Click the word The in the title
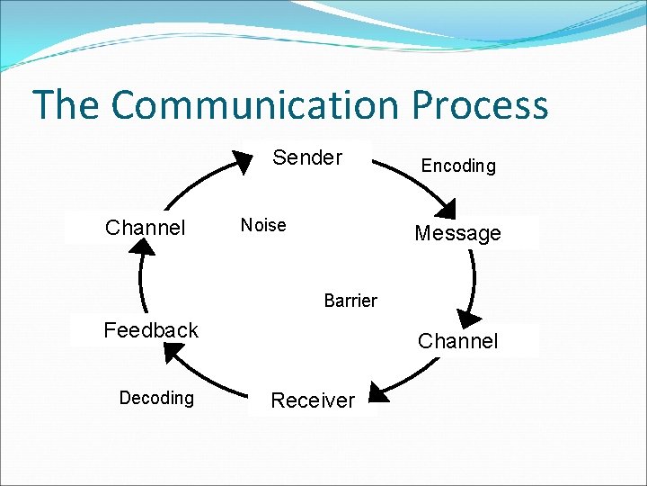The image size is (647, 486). [x=66, y=105]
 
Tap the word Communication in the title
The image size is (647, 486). [x=254, y=105]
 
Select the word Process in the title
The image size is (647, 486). [x=480, y=105]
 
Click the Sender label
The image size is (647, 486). [x=307, y=157]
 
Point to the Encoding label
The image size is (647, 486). [x=458, y=166]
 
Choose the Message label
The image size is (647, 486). [x=457, y=234]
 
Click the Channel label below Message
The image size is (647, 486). [x=457, y=341]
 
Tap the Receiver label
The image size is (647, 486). [x=313, y=400]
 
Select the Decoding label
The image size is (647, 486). [x=156, y=398]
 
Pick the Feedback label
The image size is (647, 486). [x=151, y=330]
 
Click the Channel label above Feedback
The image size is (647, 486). [x=145, y=228]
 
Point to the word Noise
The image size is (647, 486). [x=263, y=225]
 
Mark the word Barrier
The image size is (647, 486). [x=350, y=301]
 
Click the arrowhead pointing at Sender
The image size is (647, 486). [x=243, y=162]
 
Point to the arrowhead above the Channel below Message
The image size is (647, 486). [x=466, y=319]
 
